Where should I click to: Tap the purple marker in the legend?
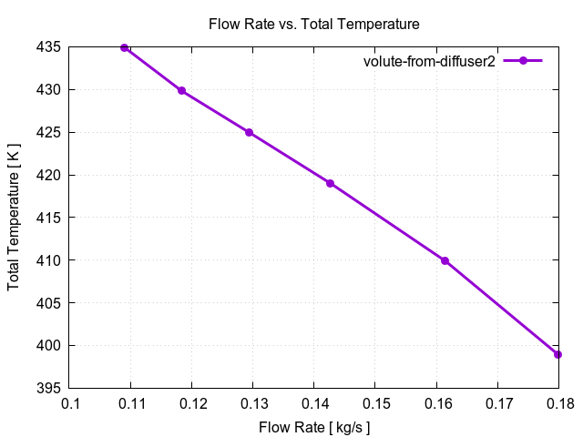(x=523, y=61)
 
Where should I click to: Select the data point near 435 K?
(x=125, y=47)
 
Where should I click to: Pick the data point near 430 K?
(x=182, y=91)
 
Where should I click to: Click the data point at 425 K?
(x=249, y=132)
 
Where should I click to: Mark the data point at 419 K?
(x=331, y=183)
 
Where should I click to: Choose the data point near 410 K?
(x=445, y=260)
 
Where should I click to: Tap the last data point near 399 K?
(x=557, y=354)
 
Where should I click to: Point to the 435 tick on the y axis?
(x=49, y=47)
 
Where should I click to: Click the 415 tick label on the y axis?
(x=49, y=218)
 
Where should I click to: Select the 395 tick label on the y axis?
(x=49, y=388)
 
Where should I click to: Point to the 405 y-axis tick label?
(x=49, y=303)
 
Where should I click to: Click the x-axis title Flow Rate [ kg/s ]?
(x=314, y=425)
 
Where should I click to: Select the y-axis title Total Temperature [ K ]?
(x=14, y=218)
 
